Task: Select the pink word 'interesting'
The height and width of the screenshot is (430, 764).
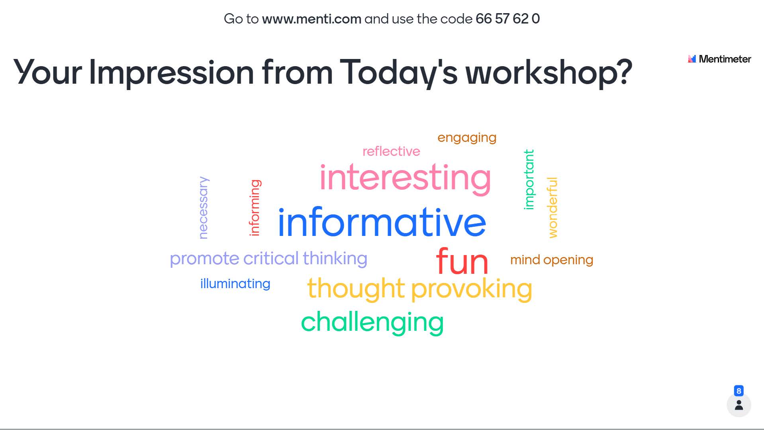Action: pyautogui.click(x=405, y=178)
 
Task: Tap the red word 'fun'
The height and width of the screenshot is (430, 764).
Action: pyautogui.click(x=462, y=261)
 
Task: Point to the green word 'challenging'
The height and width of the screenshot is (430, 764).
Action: pyautogui.click(x=372, y=322)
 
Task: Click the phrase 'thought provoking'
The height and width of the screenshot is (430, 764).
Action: pyautogui.click(x=419, y=289)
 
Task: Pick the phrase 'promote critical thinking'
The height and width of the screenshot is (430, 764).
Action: pyautogui.click(x=268, y=259)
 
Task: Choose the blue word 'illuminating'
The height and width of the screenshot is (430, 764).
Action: pyautogui.click(x=235, y=284)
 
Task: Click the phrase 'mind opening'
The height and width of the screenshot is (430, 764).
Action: pyautogui.click(x=552, y=260)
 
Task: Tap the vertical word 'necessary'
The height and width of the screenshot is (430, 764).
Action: pyautogui.click(x=203, y=208)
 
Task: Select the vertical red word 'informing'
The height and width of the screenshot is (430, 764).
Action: pyautogui.click(x=255, y=208)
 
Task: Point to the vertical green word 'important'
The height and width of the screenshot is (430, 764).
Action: pyautogui.click(x=529, y=179)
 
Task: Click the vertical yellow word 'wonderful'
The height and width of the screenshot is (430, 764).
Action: pyautogui.click(x=552, y=208)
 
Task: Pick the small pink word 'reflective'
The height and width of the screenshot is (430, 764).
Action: pyautogui.click(x=391, y=151)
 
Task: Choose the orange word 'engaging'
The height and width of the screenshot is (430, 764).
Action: pyautogui.click(x=467, y=138)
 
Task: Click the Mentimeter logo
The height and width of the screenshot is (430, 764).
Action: pyautogui.click(x=719, y=59)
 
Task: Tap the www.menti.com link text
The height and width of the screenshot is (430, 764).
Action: pyautogui.click(x=311, y=19)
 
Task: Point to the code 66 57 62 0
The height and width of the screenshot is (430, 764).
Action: pyautogui.click(x=507, y=19)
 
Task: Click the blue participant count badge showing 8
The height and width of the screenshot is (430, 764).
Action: pyautogui.click(x=739, y=391)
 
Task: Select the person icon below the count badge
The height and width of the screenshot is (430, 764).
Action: pyautogui.click(x=739, y=405)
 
